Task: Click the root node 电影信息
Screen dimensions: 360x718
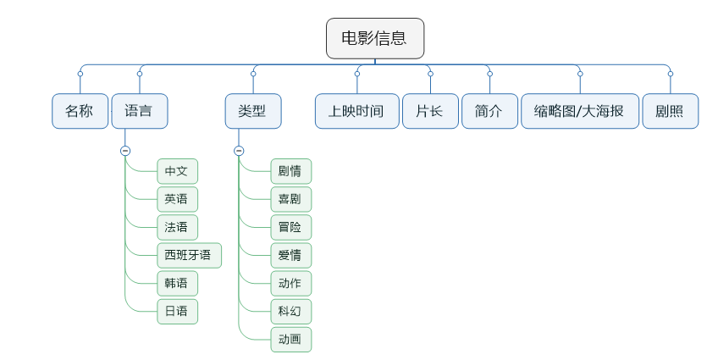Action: (375, 38)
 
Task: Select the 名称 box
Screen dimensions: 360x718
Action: (80, 111)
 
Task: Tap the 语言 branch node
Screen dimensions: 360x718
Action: (140, 111)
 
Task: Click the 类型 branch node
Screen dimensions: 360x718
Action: (253, 111)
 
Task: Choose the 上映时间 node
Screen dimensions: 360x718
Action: (356, 111)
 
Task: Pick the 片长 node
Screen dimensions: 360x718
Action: (430, 111)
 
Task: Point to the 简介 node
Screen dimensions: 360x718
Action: (489, 111)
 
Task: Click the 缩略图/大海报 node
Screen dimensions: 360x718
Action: (580, 111)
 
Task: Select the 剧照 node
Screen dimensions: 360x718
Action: (670, 111)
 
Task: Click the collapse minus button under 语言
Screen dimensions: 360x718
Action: (125, 151)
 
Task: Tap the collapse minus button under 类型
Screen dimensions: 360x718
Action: (239, 151)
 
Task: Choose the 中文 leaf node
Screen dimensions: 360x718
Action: (177, 171)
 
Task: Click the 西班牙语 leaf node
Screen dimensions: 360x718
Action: (189, 255)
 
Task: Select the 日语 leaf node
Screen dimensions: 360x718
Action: (177, 311)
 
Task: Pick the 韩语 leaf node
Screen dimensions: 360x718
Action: (177, 283)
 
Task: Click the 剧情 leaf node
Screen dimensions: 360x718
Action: (290, 171)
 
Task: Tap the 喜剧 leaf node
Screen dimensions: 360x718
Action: (290, 199)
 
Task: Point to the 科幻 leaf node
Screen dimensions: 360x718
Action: (290, 311)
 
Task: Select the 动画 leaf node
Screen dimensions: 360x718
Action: (290, 339)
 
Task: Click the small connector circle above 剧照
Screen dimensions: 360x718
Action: (670, 74)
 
